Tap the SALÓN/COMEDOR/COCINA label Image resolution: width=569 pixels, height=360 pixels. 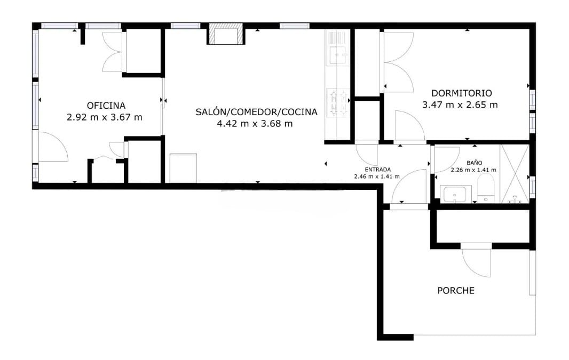[x=256, y=112]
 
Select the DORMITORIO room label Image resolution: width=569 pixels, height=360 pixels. [x=461, y=93]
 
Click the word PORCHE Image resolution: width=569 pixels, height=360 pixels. [x=456, y=291]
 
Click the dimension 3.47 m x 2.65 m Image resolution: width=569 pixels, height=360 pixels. [x=460, y=105]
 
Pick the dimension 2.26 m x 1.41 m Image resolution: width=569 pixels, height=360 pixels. [x=473, y=170]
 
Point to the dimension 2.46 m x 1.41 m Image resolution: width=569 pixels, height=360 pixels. [x=377, y=175]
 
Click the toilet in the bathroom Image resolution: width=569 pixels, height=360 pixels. [x=485, y=190]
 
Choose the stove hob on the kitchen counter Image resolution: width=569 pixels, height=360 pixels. [x=337, y=102]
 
